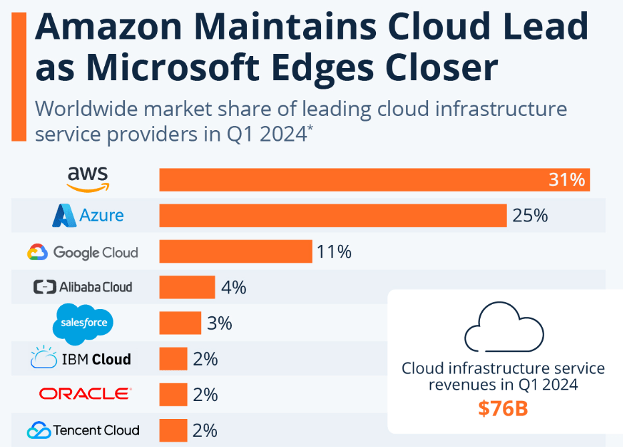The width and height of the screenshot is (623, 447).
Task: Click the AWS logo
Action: tap(87, 179)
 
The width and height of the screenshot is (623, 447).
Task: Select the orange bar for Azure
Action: tap(333, 215)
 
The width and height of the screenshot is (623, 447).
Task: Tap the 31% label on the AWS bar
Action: tap(567, 179)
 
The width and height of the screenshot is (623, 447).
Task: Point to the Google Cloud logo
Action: tap(83, 252)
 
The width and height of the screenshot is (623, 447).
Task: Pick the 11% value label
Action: tap(335, 252)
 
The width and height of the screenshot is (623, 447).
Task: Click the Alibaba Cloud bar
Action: tap(187, 288)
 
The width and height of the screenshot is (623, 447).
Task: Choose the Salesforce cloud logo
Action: tap(83, 323)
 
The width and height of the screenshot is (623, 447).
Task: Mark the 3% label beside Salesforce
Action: tap(219, 324)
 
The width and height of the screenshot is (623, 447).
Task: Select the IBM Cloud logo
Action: tap(81, 359)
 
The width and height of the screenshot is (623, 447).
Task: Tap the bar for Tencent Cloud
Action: tap(173, 430)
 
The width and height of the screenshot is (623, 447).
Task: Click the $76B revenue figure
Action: tap(503, 408)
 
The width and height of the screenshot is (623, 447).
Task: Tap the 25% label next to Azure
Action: tap(530, 215)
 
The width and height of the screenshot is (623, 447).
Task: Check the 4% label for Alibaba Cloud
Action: tap(233, 288)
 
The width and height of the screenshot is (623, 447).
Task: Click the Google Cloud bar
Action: tap(236, 252)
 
